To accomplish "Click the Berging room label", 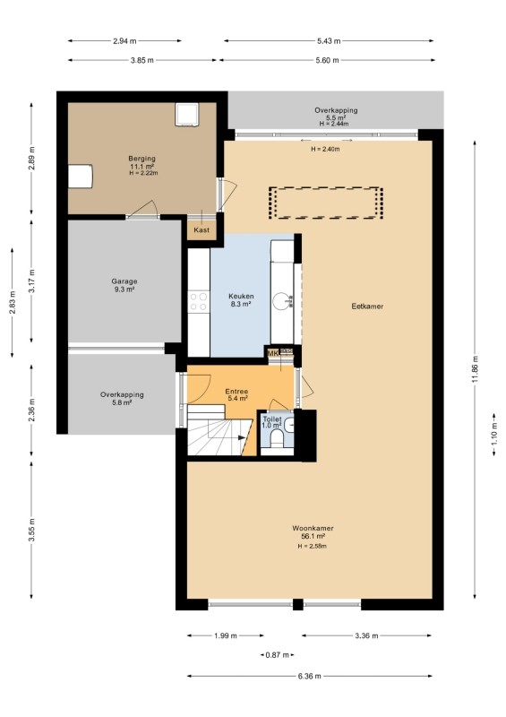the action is [142, 159].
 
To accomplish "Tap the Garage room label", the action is [124, 281].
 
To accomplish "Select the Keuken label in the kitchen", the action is [241, 297].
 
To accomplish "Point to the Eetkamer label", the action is [367, 307].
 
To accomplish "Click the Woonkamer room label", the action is [313, 528].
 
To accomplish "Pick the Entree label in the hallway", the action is [236, 392].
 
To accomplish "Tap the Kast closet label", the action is [202, 229].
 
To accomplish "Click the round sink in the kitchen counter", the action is [281, 301].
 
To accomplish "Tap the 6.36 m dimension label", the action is [310, 676].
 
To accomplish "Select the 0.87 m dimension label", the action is [278, 655].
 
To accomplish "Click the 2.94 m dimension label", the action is [124, 40].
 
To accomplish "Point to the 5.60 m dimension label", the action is [327, 60].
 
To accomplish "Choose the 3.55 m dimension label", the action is [31, 530].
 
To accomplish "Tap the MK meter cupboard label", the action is [273, 353].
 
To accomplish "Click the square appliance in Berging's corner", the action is [187, 115].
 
